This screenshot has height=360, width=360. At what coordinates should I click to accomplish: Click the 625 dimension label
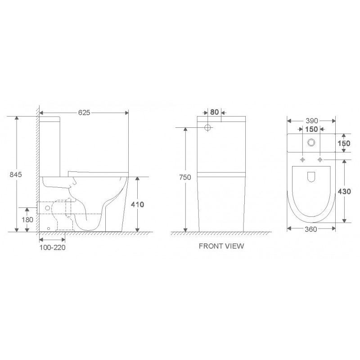click(84, 113)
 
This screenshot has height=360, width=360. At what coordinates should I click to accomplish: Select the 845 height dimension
click(16, 175)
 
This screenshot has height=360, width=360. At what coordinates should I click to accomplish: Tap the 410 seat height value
click(137, 204)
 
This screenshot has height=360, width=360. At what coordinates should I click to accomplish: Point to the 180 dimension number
click(27, 220)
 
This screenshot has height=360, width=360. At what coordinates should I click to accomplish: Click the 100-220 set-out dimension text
click(52, 247)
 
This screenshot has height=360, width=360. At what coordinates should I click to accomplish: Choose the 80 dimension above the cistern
click(215, 112)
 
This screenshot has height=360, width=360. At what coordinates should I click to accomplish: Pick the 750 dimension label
click(185, 177)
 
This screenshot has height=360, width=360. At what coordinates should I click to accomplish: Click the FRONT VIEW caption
click(221, 246)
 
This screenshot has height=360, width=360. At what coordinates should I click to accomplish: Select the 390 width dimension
click(312, 121)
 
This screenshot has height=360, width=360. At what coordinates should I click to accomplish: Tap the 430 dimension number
click(344, 192)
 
